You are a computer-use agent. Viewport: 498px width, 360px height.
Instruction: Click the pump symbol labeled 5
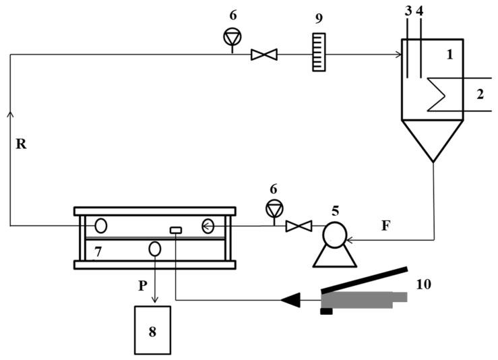[x=334, y=235]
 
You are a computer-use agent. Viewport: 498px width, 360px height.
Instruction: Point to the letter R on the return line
[x=21, y=144]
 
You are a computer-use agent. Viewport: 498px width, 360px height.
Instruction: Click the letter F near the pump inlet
[x=385, y=225]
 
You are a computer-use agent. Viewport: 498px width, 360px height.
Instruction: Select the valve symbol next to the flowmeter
[x=259, y=54]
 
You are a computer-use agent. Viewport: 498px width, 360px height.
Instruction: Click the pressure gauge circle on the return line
[x=232, y=38]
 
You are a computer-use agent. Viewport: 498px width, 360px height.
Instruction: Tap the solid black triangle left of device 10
[x=291, y=299]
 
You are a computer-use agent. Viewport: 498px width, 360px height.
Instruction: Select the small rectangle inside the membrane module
[x=175, y=231]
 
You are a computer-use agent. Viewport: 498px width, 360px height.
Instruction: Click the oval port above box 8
[x=154, y=248]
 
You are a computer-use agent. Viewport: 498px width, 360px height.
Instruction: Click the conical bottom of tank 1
[x=433, y=138]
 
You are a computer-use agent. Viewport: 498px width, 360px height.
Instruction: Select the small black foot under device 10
[x=326, y=311]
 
